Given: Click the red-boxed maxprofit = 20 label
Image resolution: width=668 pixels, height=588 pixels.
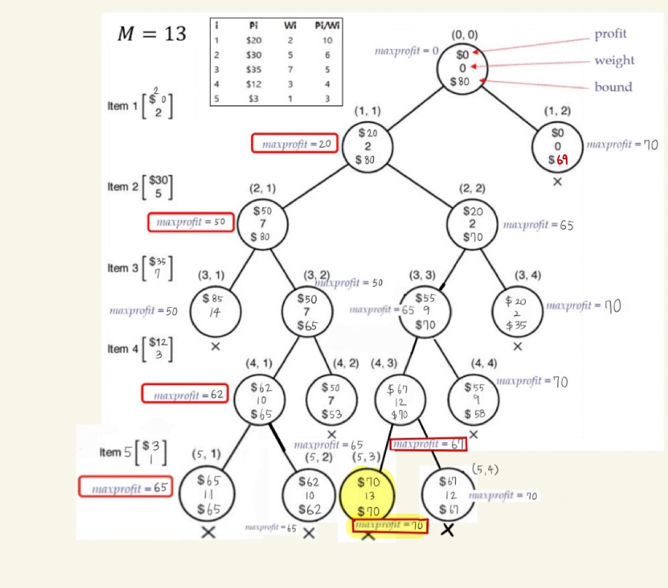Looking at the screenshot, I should tap(295, 144).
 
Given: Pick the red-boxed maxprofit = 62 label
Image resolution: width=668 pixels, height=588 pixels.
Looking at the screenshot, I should tap(184, 395).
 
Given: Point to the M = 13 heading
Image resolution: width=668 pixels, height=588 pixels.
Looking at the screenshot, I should tap(152, 34).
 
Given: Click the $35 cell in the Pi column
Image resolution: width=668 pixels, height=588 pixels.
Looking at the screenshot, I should tap(254, 70).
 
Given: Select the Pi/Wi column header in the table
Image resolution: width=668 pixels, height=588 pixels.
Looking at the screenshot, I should tap(328, 26).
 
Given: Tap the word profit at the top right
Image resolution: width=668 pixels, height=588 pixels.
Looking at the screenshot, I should tap(610, 34).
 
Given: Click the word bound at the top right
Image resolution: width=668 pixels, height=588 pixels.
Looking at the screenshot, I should tap(613, 87).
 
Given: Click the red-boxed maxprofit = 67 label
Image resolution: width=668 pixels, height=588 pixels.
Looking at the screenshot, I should tap(429, 445).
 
